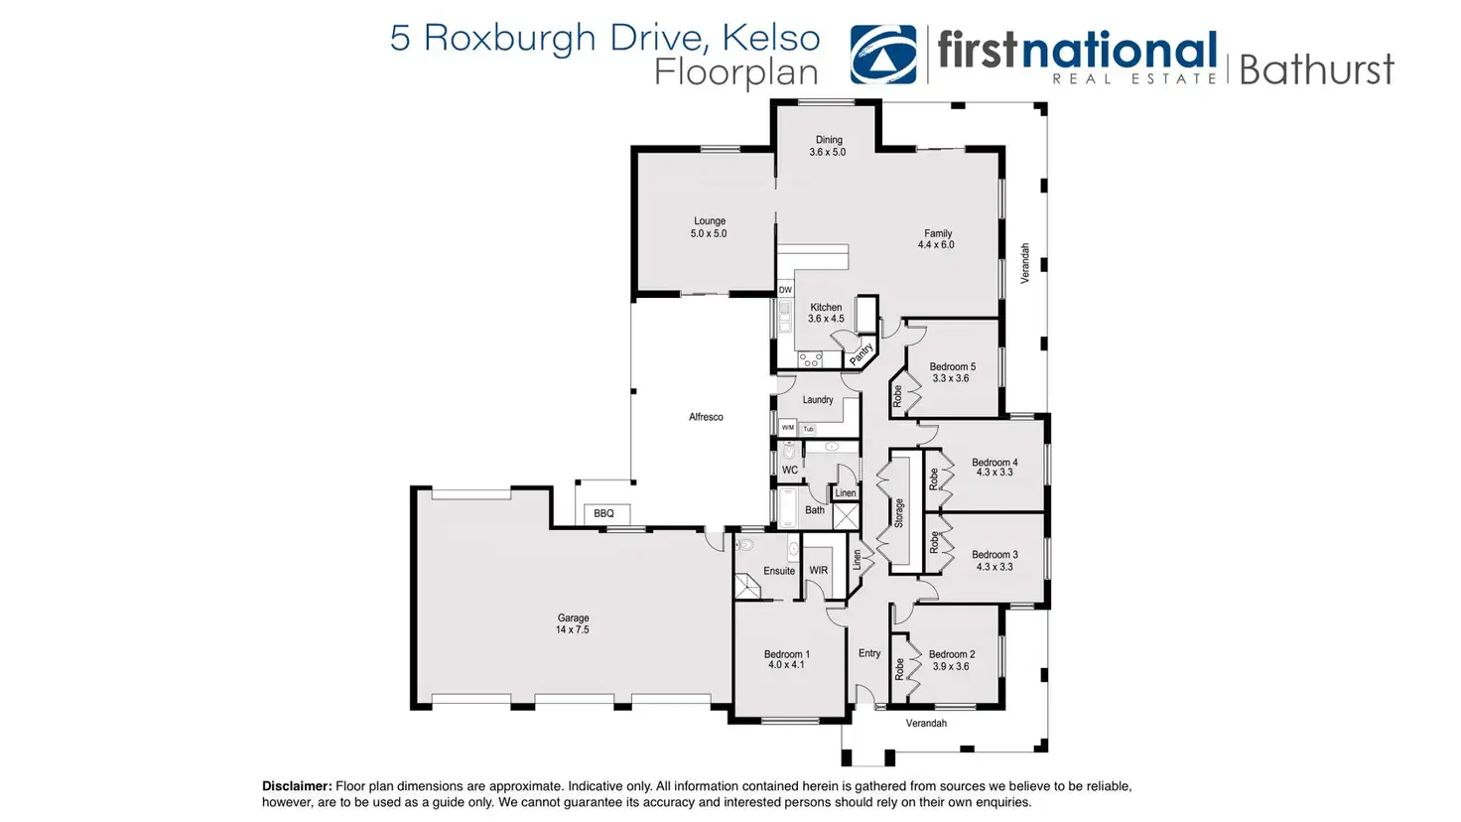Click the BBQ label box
[x=603, y=513]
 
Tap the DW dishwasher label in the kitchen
[x=785, y=290]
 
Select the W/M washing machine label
[x=787, y=428]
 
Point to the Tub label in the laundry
[x=809, y=429]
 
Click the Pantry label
[x=861, y=352]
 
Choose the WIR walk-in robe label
[x=819, y=571]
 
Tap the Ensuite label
[x=779, y=571]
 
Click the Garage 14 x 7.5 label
[x=573, y=623]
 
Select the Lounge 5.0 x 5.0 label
[x=709, y=227]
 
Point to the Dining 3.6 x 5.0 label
[x=828, y=146]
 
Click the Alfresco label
[x=706, y=417]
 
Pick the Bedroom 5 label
[x=952, y=372]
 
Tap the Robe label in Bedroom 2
[x=899, y=669]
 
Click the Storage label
[x=899, y=512]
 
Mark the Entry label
[x=869, y=653]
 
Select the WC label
[x=790, y=471]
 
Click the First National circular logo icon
[x=883, y=55]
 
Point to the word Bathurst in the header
[x=1316, y=69]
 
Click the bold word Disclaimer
[x=297, y=786]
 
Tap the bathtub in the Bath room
[x=788, y=508]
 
